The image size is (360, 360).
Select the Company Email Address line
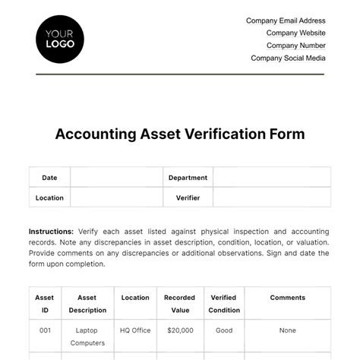[286, 21]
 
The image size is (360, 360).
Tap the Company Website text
[295, 33]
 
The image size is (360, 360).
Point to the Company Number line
[296, 46]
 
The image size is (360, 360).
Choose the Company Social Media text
[288, 58]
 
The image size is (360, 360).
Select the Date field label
[49, 178]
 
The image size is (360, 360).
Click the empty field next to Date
[115, 178]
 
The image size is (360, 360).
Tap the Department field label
[188, 178]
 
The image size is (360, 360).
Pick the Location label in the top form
[49, 197]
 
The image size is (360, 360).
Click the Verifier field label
[188, 197]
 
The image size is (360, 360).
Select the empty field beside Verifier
[271, 197]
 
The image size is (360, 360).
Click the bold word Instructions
[51, 232]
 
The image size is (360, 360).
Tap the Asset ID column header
[45, 304]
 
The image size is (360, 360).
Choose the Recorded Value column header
[179, 304]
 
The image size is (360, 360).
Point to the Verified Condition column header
[223, 304]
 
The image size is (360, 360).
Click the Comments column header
[287, 298]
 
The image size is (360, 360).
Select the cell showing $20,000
[179, 330]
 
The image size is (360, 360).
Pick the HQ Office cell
[135, 330]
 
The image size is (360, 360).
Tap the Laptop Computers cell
[87, 336]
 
